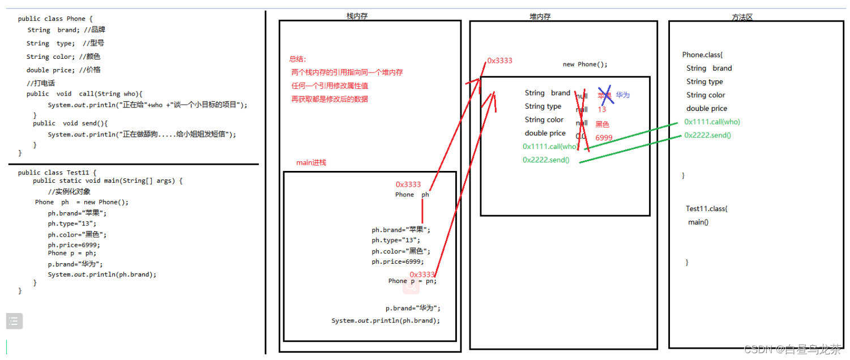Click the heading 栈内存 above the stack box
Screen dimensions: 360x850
(357, 16)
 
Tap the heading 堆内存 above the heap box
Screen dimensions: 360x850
(540, 16)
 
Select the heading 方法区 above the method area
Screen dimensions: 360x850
(742, 17)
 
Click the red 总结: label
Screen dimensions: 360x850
(297, 59)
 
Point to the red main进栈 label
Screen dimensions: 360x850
(311, 162)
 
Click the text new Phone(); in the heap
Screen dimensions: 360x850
(585, 65)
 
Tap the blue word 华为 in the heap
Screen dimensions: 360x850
(622, 95)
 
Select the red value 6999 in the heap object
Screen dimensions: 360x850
(604, 138)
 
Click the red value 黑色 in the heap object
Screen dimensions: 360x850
(602, 124)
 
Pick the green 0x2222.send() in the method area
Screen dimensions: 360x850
(707, 135)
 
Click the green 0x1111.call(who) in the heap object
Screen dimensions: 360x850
(550, 147)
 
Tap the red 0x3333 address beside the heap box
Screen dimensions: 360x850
(499, 61)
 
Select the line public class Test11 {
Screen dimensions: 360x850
(57, 173)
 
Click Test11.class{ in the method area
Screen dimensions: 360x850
(706, 209)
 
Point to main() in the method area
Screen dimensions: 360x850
(698, 222)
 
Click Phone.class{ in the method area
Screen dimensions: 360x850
(702, 55)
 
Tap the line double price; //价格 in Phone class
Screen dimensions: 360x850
(63, 70)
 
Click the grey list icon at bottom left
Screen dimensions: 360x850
(14, 321)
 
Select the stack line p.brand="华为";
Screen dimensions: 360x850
(413, 308)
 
